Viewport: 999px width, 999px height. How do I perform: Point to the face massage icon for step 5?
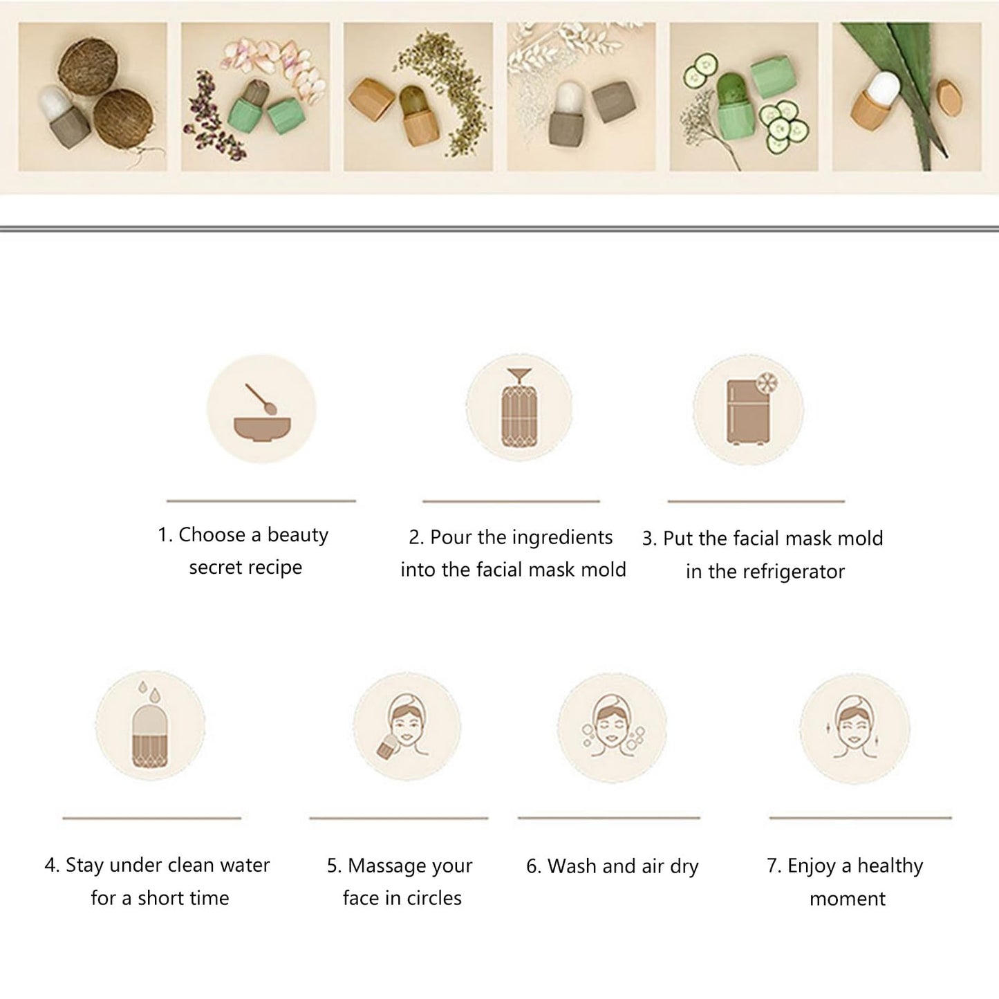pos(407,727)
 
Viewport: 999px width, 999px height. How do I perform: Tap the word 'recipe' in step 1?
pos(274,568)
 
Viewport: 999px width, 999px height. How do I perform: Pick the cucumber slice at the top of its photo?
pos(707,64)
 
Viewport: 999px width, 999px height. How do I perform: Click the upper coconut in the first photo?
pos(88,66)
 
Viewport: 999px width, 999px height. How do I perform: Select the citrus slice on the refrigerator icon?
pos(767,383)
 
